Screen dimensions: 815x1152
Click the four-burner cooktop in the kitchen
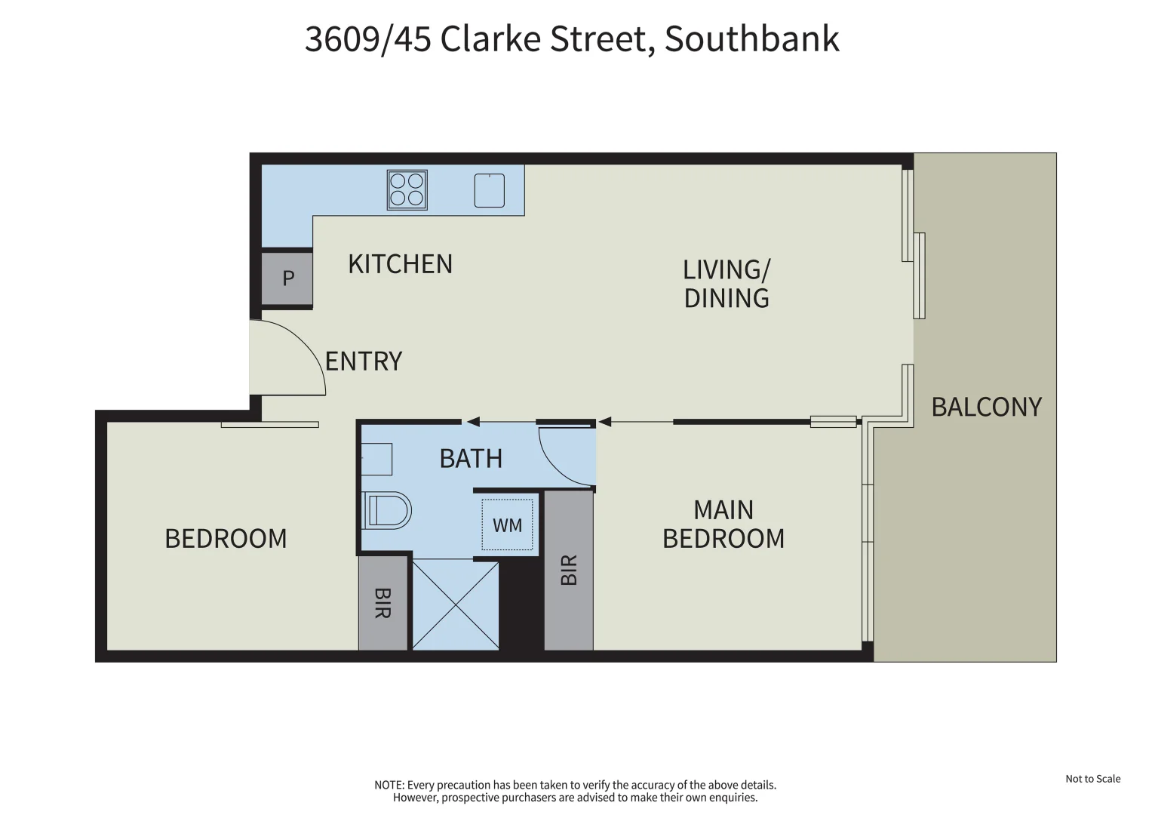click(x=407, y=189)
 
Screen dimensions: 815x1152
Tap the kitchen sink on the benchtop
click(x=489, y=190)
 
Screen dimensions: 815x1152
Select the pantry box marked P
click(x=287, y=278)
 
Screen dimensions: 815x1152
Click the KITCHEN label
click(x=400, y=264)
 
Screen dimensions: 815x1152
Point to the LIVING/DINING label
click(x=726, y=284)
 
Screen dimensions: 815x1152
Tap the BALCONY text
click(x=986, y=407)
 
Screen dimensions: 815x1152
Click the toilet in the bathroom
click(x=388, y=511)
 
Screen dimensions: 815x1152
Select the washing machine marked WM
click(x=507, y=524)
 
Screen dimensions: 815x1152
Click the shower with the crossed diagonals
click(x=456, y=604)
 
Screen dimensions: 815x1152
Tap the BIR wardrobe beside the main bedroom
click(x=569, y=570)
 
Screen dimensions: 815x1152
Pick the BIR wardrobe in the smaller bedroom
click(x=383, y=603)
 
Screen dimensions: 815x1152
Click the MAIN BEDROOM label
click(x=723, y=524)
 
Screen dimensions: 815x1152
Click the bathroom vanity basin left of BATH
click(x=376, y=459)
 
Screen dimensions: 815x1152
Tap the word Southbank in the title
click(x=751, y=39)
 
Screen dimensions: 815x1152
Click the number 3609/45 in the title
click(x=367, y=39)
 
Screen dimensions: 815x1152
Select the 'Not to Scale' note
click(x=1092, y=779)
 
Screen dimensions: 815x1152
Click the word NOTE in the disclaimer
click(x=389, y=786)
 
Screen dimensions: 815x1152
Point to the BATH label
click(x=471, y=459)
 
